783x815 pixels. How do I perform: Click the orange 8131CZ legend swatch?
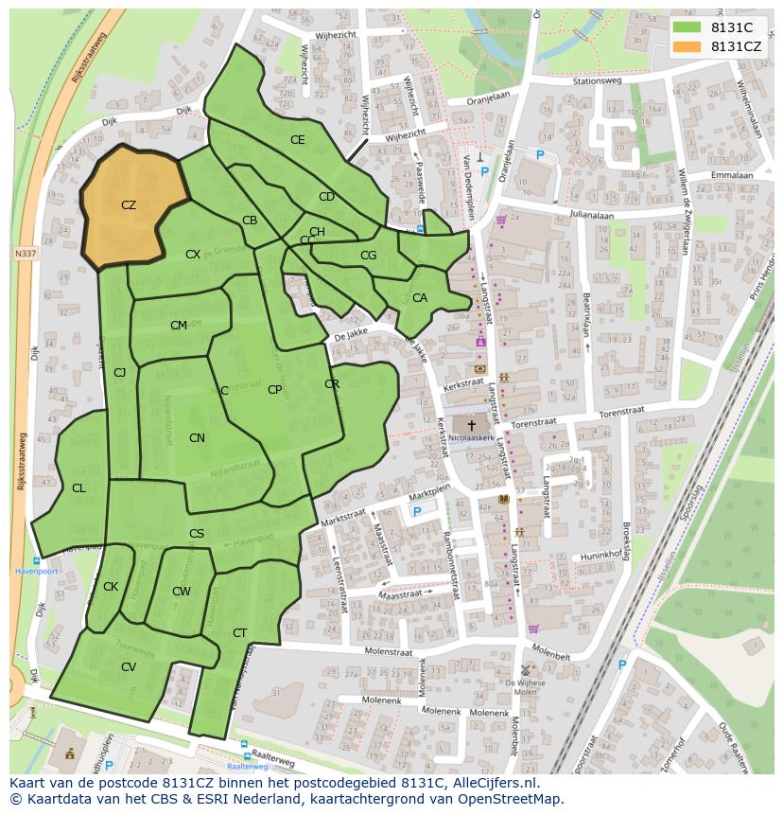(x=687, y=46)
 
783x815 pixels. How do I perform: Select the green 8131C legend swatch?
(x=687, y=28)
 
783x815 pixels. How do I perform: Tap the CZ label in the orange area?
(x=129, y=204)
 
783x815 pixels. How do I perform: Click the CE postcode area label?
(x=297, y=140)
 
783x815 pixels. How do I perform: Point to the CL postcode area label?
(x=78, y=488)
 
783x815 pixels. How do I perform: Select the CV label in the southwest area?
(x=129, y=667)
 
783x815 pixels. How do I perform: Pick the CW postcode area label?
(x=182, y=592)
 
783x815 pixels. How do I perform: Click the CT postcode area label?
(x=239, y=633)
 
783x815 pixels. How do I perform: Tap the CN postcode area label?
(x=197, y=438)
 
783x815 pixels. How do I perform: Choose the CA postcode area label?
(x=420, y=298)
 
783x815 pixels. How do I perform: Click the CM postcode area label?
(x=179, y=326)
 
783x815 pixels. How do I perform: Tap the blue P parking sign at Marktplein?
(x=416, y=511)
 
